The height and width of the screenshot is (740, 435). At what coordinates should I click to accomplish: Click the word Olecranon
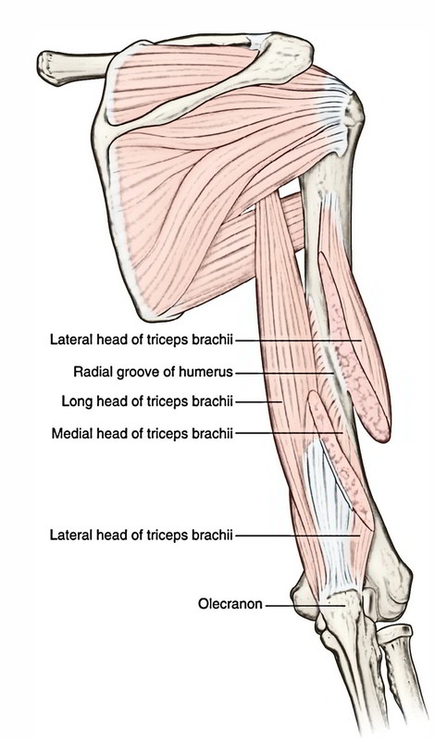[x=230, y=604]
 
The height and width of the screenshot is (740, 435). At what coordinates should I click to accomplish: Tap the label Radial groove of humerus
[x=153, y=372]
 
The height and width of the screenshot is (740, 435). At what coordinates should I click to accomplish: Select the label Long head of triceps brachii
[x=147, y=401]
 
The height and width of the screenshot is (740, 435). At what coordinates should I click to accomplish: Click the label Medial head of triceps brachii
[x=143, y=433]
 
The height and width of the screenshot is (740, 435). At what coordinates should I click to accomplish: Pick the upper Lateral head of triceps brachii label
[x=142, y=339]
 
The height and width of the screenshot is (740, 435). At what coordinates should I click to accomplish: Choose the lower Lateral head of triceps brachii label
[x=142, y=536]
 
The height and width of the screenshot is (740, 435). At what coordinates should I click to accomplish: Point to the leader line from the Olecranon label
[x=305, y=605]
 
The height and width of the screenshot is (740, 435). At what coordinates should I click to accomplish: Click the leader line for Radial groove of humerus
[x=284, y=373]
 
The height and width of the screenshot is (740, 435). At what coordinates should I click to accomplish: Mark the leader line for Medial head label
[x=289, y=433]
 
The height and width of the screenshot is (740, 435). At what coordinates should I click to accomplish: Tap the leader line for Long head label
[x=259, y=402]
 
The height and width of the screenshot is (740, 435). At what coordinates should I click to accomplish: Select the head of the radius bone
[x=394, y=634]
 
